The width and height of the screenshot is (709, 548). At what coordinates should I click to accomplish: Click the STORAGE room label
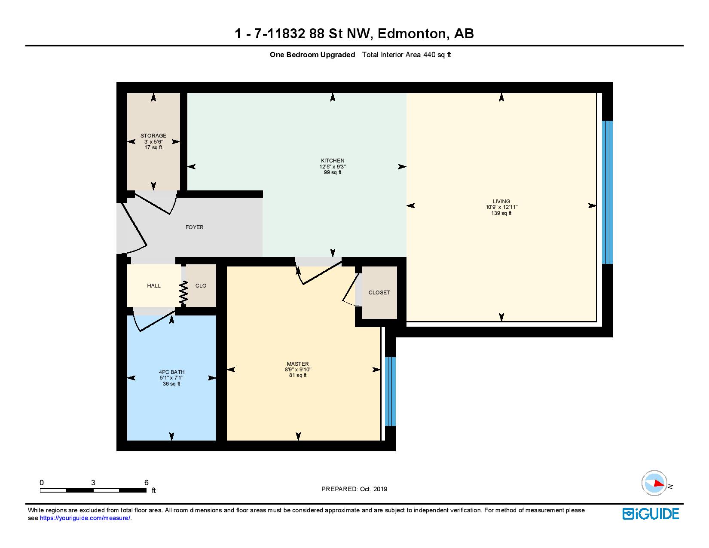153,135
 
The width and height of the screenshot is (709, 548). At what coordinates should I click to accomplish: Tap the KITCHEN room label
333,161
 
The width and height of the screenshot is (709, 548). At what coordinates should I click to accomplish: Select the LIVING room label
501,202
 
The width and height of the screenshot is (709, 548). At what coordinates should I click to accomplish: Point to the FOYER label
195,227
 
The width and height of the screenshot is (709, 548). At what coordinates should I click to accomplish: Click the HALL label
154,285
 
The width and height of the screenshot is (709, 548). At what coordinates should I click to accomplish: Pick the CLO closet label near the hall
201,285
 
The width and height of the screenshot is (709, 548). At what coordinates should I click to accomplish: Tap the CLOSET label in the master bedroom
379,292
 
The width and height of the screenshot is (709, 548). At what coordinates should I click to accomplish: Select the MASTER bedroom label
297,364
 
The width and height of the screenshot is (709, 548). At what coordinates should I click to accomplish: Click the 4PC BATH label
171,372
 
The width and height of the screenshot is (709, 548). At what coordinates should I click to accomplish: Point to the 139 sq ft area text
501,213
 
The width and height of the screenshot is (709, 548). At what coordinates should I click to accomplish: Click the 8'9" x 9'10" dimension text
298,370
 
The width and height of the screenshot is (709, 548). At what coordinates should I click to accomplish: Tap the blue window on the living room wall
607,192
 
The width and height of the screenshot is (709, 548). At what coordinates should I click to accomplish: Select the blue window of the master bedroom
390,391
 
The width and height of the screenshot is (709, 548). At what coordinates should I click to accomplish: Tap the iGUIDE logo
651,514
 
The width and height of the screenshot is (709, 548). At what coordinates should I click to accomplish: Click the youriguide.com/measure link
85,518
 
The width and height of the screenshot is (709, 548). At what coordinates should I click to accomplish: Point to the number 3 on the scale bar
93,482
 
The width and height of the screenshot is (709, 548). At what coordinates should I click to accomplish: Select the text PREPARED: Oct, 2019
354,489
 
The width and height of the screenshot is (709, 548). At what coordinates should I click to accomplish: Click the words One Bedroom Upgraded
312,55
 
